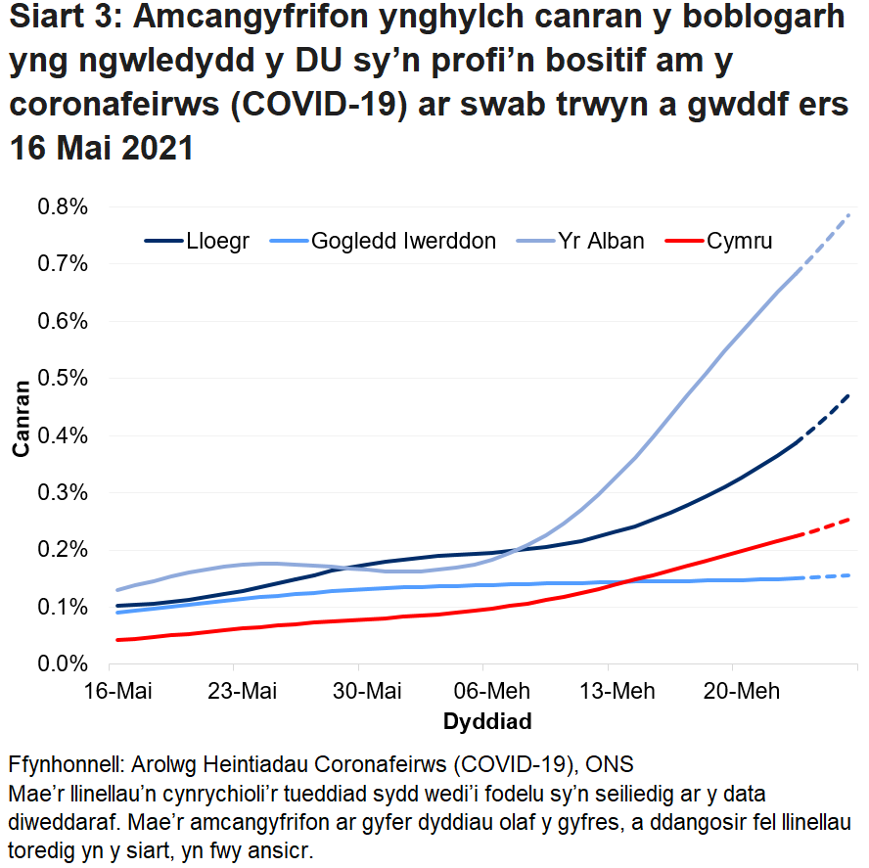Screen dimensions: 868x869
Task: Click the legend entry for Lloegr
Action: (x=211, y=241)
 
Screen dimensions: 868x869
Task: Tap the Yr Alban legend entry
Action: (x=601, y=241)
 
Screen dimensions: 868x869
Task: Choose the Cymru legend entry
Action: (x=740, y=241)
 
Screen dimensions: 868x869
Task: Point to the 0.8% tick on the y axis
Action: (x=62, y=207)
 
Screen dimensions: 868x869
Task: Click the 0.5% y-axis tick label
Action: (x=62, y=379)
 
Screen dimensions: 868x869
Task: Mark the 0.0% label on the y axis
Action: (x=62, y=663)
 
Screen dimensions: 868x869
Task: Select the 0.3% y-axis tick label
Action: (x=62, y=492)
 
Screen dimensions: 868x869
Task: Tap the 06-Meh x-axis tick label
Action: (x=486, y=692)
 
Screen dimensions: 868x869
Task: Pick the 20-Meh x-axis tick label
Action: (x=734, y=692)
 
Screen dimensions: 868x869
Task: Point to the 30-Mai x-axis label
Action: (x=363, y=692)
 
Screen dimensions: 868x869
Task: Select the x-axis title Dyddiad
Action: (x=487, y=723)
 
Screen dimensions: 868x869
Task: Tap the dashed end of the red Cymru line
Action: (x=827, y=526)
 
